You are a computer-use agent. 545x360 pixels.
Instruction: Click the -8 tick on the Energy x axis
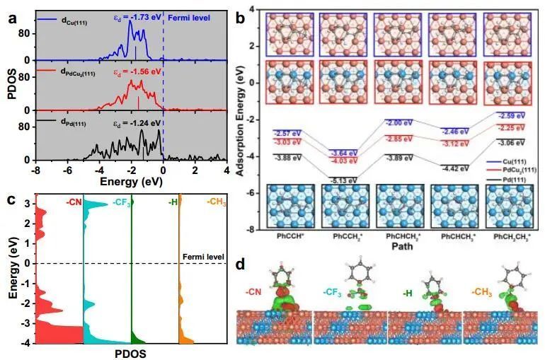click(35, 170)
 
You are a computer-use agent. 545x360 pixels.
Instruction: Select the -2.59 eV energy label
click(512, 115)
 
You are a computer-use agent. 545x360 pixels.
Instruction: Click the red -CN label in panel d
click(253, 291)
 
